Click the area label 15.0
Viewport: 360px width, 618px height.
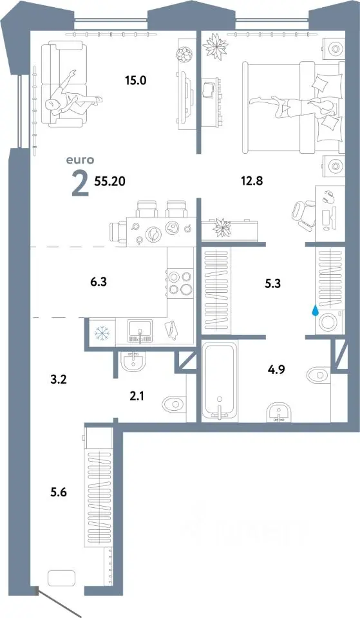click(x=136, y=81)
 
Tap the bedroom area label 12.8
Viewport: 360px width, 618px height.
click(x=252, y=181)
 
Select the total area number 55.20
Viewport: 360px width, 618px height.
click(x=110, y=181)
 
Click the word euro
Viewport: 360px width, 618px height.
click(x=80, y=160)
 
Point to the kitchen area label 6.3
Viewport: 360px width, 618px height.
click(x=99, y=282)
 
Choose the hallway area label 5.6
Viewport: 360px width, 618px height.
click(x=58, y=492)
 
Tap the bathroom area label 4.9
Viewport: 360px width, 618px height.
click(x=276, y=370)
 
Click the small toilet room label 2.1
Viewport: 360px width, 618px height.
click(x=137, y=396)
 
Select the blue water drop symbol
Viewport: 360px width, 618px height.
click(x=315, y=312)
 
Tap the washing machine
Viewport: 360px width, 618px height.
click(x=329, y=322)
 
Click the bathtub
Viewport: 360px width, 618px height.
click(x=219, y=380)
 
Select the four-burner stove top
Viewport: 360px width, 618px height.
click(x=180, y=283)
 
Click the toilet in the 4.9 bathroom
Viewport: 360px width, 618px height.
click(x=319, y=374)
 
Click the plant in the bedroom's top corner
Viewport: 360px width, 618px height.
click(x=215, y=46)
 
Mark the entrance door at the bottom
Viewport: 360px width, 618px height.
click(x=59, y=601)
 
